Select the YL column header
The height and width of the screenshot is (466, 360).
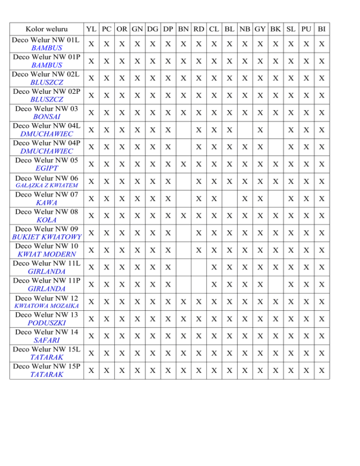pyautogui.click(x=92, y=29)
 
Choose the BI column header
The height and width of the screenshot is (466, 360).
pyautogui.click(x=322, y=29)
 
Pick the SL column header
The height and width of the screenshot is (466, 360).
pyautogui.click(x=291, y=29)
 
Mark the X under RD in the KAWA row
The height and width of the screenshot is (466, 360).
pyautogui.click(x=199, y=199)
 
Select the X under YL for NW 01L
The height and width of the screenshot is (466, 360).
pyautogui.click(x=92, y=44)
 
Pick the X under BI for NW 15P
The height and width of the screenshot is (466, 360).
pyautogui.click(x=322, y=370)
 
